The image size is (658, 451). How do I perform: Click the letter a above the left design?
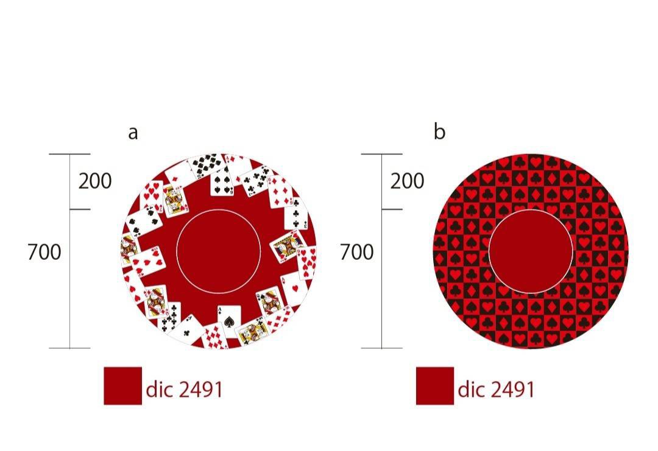click(133, 133)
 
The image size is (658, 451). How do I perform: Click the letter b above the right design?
click(439, 131)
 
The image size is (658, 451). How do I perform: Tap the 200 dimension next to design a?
click(95, 181)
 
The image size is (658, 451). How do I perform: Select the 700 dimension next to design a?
click(44, 252)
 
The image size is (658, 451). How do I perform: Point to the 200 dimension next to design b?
click(407, 181)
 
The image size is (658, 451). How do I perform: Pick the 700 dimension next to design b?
click(356, 252)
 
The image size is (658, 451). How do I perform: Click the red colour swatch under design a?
click(122, 386)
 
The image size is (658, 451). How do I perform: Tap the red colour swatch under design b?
click(435, 386)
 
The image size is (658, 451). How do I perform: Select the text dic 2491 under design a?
click(184, 390)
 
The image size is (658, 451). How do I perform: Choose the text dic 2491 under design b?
click(496, 390)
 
